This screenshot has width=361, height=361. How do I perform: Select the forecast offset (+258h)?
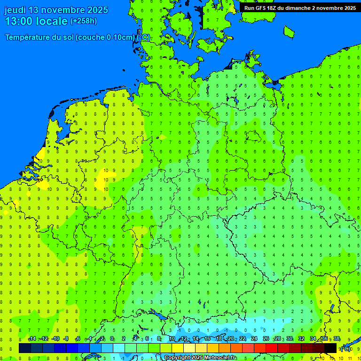point(83,21)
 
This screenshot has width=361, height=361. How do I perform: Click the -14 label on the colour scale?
point(32,339)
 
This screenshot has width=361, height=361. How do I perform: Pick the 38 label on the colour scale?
point(337,339)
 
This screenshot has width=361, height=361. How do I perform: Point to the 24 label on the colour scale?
point(254,339)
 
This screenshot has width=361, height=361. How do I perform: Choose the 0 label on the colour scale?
point(112,339)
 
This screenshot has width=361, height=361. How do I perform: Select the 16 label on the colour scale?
point(207,339)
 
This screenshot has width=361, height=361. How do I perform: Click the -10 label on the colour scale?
point(55,339)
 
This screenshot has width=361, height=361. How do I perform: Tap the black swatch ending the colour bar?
point(330,348)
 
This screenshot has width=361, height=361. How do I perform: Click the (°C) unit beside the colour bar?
point(345,349)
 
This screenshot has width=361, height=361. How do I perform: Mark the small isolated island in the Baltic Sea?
point(289,31)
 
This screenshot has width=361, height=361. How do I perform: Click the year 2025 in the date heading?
point(97,10)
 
